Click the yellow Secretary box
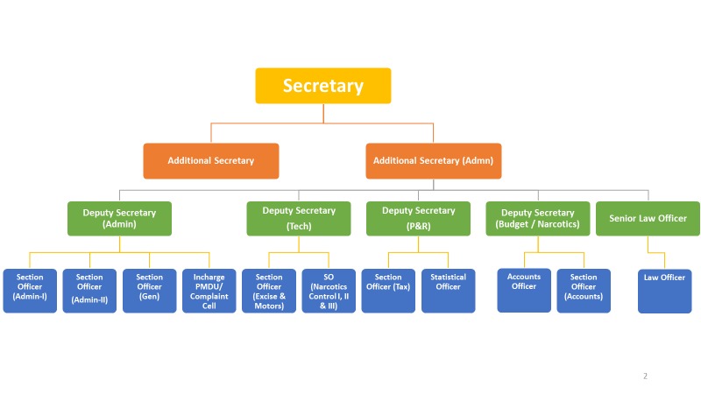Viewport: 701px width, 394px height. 322,86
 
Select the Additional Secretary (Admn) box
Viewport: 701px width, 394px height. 434,161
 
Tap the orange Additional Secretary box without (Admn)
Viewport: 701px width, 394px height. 211,161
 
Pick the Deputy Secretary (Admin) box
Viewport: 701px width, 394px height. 119,218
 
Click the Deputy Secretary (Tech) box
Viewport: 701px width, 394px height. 299,218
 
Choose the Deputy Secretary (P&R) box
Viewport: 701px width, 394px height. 419,218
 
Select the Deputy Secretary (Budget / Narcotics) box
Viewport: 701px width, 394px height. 538,218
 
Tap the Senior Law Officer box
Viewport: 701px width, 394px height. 648,218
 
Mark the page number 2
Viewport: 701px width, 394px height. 645,376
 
